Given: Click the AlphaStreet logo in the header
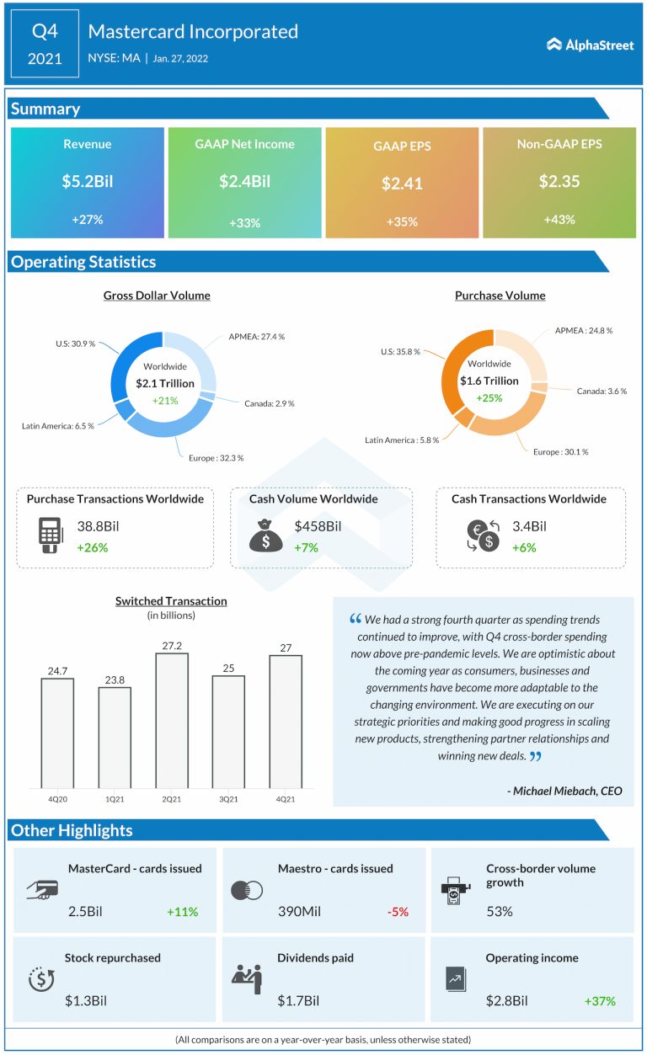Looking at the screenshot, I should point(590,45).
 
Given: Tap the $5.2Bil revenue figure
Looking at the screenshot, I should point(88,181).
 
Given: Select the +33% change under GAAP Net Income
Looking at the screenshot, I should point(244,223).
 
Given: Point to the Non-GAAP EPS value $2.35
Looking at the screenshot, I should point(559,181).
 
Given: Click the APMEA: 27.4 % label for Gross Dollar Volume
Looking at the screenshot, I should point(256,336).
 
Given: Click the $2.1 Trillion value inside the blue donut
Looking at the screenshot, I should point(165,383).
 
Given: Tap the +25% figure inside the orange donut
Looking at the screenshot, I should point(489,397).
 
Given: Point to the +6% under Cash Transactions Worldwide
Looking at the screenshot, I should point(524,547).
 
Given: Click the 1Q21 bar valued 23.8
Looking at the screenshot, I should point(115,738).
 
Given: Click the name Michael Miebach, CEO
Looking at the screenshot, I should point(565,791).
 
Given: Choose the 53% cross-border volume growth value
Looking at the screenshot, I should point(500,911).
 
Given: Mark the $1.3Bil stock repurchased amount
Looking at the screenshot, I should point(86,1000).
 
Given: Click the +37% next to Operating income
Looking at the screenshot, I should point(600,1001).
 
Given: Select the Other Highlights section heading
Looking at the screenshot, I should point(72,830).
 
